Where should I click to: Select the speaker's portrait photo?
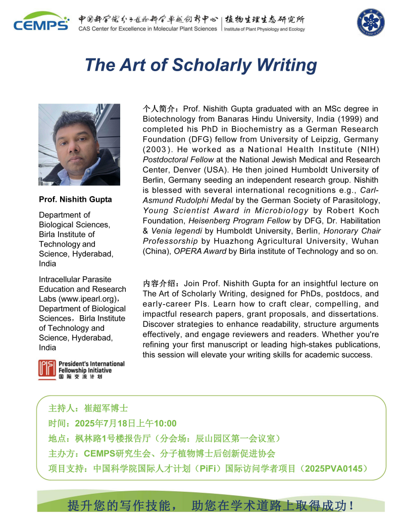[79, 145]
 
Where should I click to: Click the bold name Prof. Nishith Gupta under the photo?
[75, 199]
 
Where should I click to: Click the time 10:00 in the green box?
[165, 423]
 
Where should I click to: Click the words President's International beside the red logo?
[91, 364]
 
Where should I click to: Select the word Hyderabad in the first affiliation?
[94, 254]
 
